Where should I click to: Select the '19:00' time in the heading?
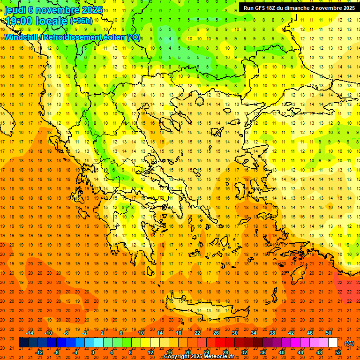tap(20, 21)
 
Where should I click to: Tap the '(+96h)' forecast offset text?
tap(81, 21)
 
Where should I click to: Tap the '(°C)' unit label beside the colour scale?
tap(350, 343)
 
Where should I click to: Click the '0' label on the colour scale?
tap(92, 352)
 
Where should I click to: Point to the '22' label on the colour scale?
tap(197, 333)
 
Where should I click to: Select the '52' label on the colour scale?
tap(338, 352)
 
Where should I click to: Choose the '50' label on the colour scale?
tap(329, 333)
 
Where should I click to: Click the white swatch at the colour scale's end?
tap(333, 343)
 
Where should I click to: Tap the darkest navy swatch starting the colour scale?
tap(23, 343)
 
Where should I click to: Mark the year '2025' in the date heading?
tap(89, 10)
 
